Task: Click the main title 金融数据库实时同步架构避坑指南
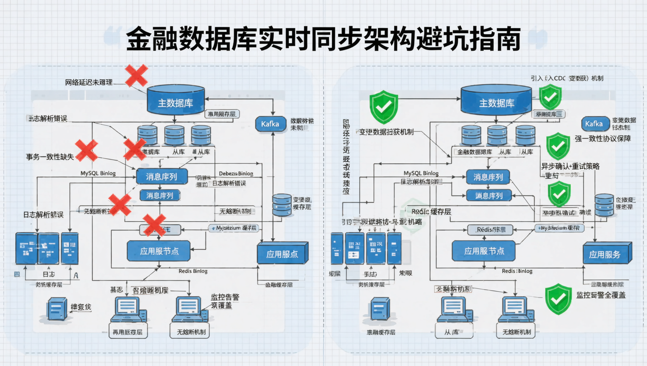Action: click(x=323, y=39)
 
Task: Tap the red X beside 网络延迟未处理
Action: click(x=136, y=75)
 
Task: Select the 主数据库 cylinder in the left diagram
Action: click(x=176, y=100)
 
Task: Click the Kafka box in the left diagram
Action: click(x=270, y=124)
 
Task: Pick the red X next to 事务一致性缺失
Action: click(x=86, y=150)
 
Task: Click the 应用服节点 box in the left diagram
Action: click(x=159, y=251)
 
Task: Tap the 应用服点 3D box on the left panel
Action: click(x=282, y=254)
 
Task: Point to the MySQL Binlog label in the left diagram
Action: click(x=98, y=173)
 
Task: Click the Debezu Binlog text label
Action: click(x=236, y=173)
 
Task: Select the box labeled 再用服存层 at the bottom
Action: click(x=127, y=332)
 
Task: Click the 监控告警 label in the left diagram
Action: click(x=225, y=297)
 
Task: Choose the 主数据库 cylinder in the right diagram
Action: click(x=496, y=100)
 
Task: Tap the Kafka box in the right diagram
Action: click(x=594, y=124)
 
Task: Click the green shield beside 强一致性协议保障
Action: click(x=558, y=146)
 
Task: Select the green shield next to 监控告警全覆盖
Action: click(x=558, y=299)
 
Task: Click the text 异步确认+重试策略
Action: click(x=570, y=166)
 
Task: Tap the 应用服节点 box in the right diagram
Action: click(x=484, y=251)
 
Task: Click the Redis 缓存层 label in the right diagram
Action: click(x=431, y=211)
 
